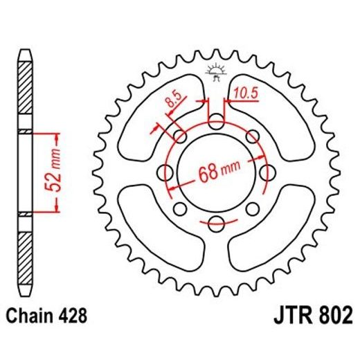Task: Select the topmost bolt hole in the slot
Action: tap(216, 123)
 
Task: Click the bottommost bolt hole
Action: tap(216, 222)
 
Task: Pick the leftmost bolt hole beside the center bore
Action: tap(166, 172)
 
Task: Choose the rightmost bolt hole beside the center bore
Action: tap(266, 172)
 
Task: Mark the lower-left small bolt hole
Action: tap(181, 208)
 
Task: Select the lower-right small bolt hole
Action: tap(251, 208)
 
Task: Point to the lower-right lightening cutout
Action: tap(273, 232)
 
